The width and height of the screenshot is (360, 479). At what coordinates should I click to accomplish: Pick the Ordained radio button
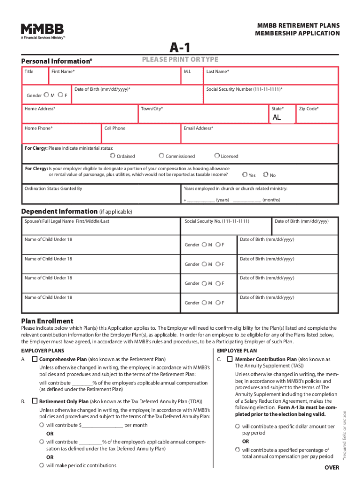[113, 156]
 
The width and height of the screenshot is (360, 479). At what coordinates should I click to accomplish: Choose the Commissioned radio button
[161, 156]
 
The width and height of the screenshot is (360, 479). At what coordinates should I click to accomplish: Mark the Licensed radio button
[217, 156]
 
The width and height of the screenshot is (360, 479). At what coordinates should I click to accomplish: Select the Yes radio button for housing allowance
[245, 175]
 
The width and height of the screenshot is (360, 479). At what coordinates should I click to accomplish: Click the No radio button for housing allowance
[266, 175]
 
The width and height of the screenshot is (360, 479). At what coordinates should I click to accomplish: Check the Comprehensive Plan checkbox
[35, 359]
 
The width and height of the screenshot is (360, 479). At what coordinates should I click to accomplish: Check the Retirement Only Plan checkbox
[35, 401]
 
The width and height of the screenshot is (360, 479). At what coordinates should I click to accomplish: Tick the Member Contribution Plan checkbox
[230, 359]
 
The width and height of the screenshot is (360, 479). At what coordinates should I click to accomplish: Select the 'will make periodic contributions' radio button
[42, 465]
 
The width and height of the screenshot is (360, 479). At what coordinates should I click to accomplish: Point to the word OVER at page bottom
[331, 468]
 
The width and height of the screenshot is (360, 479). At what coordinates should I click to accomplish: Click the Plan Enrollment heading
[47, 321]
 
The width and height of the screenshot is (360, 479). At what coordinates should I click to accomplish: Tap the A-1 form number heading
[180, 47]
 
